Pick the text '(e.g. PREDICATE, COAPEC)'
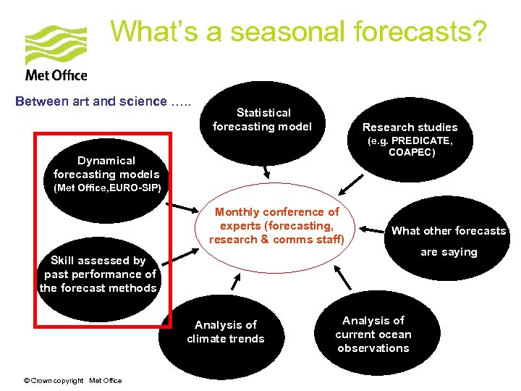coord(410,147)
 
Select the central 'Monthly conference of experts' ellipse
coord(276,226)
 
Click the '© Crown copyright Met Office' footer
coord(72,381)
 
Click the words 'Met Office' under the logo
coord(56,75)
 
